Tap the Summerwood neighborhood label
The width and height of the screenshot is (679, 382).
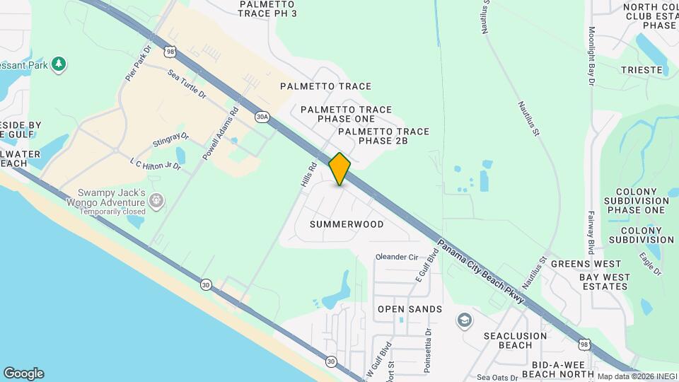click(347, 224)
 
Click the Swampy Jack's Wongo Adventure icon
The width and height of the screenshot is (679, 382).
click(156, 202)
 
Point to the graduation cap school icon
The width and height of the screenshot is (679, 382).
click(463, 320)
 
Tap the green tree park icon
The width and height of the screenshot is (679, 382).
click(59, 64)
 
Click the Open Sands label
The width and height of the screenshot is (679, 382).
click(410, 309)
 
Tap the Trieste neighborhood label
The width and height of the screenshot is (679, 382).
click(641, 70)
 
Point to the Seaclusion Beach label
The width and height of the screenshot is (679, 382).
click(516, 340)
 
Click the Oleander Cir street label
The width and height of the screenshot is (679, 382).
click(397, 257)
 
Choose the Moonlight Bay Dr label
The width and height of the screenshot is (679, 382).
click(591, 57)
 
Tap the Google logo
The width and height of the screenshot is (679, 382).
click(23, 373)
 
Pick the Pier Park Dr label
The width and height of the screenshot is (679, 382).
click(139, 64)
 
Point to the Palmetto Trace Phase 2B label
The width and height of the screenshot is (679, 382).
click(383, 137)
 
